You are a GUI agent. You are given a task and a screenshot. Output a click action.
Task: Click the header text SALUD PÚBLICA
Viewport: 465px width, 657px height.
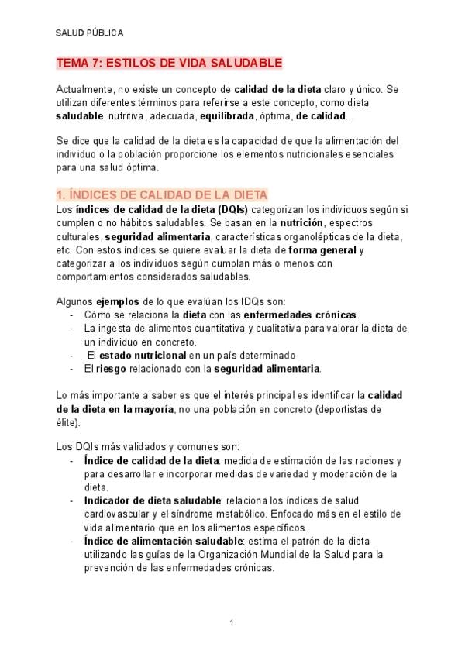pyautogui.click(x=89, y=33)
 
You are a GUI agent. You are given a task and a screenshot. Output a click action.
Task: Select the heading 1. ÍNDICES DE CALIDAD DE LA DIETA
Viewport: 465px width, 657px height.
pyautogui.click(x=162, y=195)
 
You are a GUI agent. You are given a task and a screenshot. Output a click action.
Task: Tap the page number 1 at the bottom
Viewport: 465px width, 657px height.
pyautogui.click(x=232, y=623)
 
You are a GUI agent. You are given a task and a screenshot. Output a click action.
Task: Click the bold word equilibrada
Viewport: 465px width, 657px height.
pyautogui.click(x=226, y=116)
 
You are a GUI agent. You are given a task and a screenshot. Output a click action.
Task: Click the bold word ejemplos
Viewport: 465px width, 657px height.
pyautogui.click(x=115, y=301)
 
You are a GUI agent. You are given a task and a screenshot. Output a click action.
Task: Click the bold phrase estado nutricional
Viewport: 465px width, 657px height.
pyautogui.click(x=143, y=355)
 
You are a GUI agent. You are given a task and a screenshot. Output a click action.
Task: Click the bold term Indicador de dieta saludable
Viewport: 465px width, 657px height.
pyautogui.click(x=152, y=500)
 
